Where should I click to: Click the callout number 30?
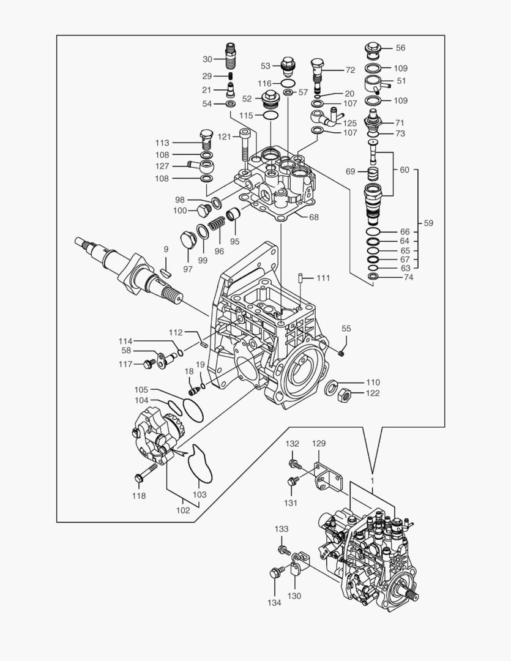tap(207, 59)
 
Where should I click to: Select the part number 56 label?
tap(400, 48)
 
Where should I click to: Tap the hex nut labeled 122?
tap(344, 394)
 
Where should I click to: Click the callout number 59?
tap(428, 223)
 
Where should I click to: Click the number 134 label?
tap(274, 603)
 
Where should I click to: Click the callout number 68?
tap(313, 217)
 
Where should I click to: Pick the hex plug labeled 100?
tap(202, 212)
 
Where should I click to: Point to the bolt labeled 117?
tap(147, 364)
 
